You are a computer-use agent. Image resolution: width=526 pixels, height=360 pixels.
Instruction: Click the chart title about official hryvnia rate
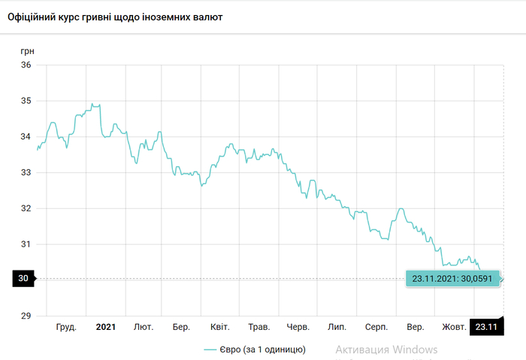[x=114, y=16]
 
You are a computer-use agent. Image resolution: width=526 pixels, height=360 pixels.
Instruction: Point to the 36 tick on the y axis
[x=26, y=65]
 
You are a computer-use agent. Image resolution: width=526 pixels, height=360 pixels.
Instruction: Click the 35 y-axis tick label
[x=26, y=101]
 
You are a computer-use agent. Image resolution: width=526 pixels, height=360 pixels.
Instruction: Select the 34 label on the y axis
[x=26, y=136]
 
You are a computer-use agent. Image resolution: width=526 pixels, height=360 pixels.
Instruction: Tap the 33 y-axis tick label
[x=26, y=172]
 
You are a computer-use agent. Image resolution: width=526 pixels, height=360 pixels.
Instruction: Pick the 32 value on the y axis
[x=26, y=208]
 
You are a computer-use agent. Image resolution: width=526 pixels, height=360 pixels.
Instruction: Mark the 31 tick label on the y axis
[x=26, y=244]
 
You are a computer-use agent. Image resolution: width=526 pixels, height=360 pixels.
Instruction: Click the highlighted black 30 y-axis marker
[x=23, y=279]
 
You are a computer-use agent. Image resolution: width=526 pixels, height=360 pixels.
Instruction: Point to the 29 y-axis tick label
[x=26, y=315]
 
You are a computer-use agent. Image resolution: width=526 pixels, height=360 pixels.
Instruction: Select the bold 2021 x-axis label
[x=105, y=327]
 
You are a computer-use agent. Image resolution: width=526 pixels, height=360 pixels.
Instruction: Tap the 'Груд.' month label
[x=66, y=327]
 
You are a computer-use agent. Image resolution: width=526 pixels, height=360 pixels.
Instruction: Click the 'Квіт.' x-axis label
[x=220, y=327]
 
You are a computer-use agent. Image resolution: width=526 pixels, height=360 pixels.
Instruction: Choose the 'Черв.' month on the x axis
[x=298, y=327]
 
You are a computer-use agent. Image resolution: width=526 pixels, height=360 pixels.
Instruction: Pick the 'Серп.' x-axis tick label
[x=376, y=327]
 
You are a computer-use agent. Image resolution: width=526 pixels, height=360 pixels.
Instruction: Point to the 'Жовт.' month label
[x=454, y=327]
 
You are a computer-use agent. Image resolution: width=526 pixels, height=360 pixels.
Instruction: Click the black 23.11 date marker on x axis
[x=485, y=327]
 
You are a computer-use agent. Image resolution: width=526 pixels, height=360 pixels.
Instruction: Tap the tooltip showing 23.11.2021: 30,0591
[x=452, y=278]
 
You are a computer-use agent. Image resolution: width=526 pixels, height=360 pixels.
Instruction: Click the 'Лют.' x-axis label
[x=144, y=327]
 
